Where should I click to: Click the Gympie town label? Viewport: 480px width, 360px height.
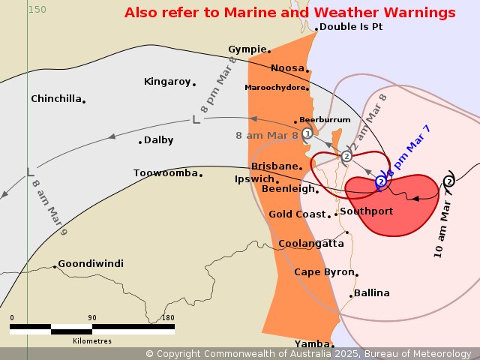(247, 49)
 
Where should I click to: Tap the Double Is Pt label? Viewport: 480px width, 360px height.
(350, 27)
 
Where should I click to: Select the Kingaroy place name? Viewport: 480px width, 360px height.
(167, 82)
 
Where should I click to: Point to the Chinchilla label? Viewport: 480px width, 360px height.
(56, 99)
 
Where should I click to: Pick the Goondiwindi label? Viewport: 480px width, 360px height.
(91, 264)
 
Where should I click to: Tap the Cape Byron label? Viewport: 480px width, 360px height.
(324, 272)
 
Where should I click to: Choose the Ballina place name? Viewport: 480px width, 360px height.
(371, 293)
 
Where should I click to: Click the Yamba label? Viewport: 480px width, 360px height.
(312, 344)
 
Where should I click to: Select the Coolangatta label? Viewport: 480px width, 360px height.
(310, 244)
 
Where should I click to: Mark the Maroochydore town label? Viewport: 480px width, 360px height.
(275, 88)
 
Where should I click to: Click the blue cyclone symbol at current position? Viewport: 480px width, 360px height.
(381, 181)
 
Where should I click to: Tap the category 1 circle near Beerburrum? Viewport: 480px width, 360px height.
(307, 133)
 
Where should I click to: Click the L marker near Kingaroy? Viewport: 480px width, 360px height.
(196, 119)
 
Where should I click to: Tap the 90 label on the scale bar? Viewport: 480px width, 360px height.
(91, 318)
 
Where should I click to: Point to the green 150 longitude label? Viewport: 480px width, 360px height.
(37, 10)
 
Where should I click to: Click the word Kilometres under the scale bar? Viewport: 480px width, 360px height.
(91, 340)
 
